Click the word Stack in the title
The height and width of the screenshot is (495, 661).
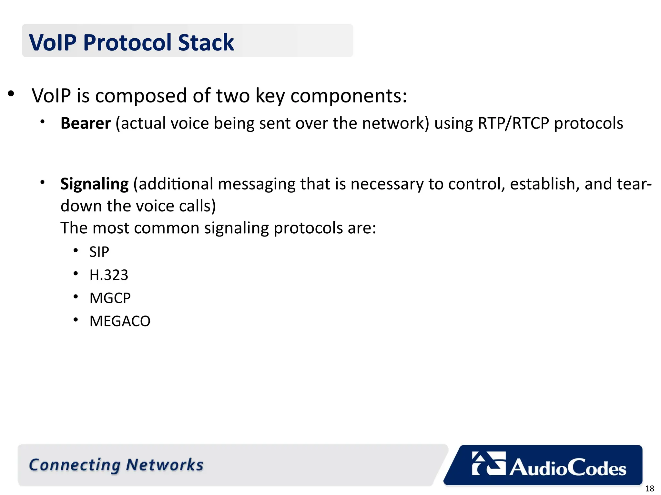click(206, 43)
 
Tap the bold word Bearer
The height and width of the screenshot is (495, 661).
click(86, 123)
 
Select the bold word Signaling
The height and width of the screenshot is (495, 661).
click(94, 184)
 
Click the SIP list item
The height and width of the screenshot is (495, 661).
click(99, 252)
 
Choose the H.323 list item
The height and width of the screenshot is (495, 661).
click(109, 275)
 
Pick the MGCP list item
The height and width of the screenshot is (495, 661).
click(110, 298)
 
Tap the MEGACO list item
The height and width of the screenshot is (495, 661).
click(120, 321)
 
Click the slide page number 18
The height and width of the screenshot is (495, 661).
click(649, 489)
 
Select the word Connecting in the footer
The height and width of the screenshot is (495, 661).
click(75, 465)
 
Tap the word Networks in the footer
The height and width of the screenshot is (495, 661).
click(165, 465)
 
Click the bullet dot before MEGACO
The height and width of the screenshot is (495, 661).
click(76, 320)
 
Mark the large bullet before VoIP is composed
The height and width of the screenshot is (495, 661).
click(11, 94)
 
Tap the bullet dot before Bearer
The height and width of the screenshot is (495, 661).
click(42, 122)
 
